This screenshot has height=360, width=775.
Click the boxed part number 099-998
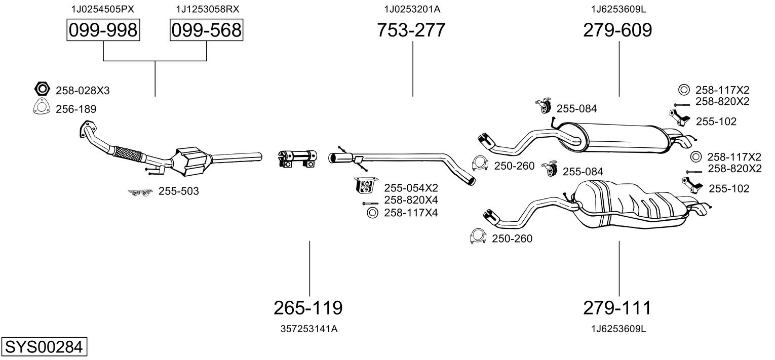point(103,30)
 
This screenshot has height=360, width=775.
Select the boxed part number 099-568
point(206,30)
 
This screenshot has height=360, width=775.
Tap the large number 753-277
point(411,30)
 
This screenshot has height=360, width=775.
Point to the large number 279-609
point(617,30)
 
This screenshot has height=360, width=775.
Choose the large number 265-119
point(308,307)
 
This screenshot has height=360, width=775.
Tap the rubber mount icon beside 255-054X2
point(364,186)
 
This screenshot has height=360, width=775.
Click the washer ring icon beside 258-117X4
point(372,213)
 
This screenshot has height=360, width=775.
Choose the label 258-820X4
point(411,200)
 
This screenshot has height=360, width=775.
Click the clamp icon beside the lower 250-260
point(478,237)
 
